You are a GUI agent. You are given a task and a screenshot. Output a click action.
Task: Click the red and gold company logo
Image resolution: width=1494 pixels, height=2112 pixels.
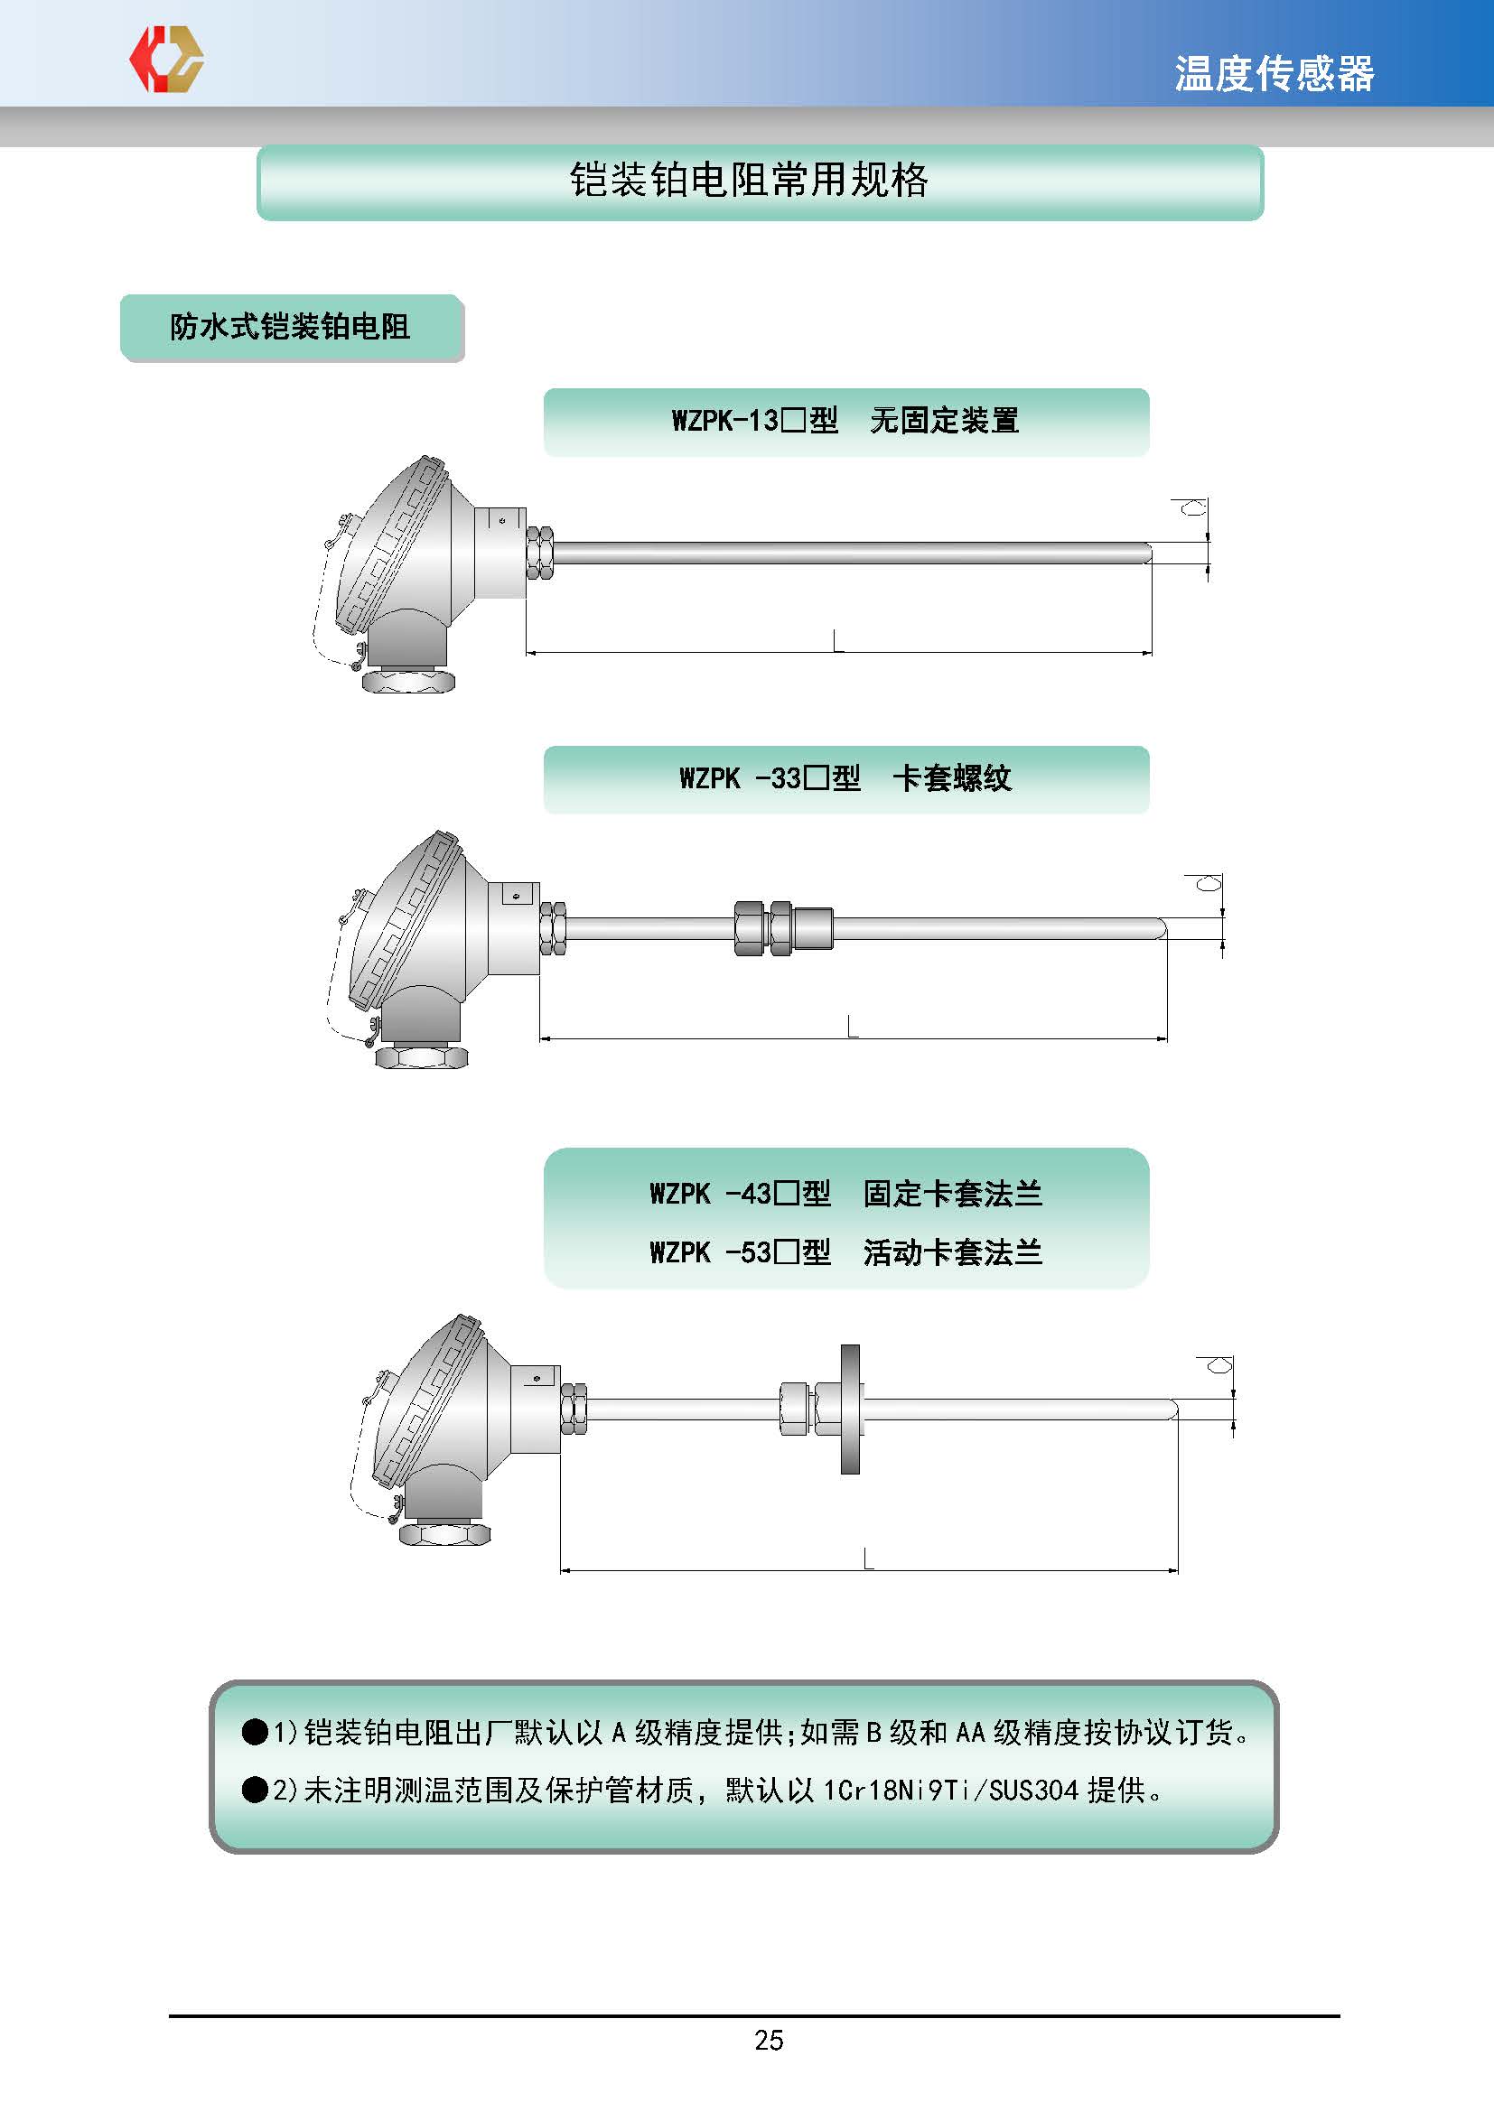click(x=166, y=59)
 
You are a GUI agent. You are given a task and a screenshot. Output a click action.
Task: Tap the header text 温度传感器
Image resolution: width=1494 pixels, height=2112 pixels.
click(x=1275, y=73)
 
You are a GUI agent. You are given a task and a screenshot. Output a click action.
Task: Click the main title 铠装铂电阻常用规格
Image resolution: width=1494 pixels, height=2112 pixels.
click(x=749, y=180)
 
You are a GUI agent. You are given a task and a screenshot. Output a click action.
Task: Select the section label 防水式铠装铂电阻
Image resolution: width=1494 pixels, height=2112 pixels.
click(x=290, y=327)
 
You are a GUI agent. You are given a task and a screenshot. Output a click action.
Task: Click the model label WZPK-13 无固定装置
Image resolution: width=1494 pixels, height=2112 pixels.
click(x=845, y=421)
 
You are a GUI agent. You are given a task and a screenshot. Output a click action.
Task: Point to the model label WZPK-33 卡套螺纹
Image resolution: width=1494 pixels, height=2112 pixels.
click(x=845, y=778)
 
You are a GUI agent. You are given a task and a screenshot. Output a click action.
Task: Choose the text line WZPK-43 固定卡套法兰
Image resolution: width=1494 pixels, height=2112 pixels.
click(x=845, y=1193)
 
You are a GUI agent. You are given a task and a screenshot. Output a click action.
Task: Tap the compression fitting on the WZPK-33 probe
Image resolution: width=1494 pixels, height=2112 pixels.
click(x=784, y=927)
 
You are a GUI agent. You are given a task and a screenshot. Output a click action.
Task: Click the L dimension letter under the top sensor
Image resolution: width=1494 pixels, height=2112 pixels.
click(x=837, y=640)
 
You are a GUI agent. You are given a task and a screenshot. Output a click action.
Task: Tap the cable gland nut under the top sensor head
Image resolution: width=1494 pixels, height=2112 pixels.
click(x=408, y=681)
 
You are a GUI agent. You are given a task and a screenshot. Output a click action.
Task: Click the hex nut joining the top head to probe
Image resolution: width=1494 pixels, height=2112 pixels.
click(x=540, y=553)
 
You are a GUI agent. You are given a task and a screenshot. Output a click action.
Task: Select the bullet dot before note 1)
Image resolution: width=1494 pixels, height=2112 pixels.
click(x=255, y=1732)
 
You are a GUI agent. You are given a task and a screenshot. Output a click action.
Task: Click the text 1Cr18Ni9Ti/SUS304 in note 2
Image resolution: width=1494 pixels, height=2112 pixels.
click(x=950, y=1790)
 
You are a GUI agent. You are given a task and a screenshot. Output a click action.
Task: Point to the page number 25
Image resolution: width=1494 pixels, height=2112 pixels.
click(x=769, y=2041)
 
